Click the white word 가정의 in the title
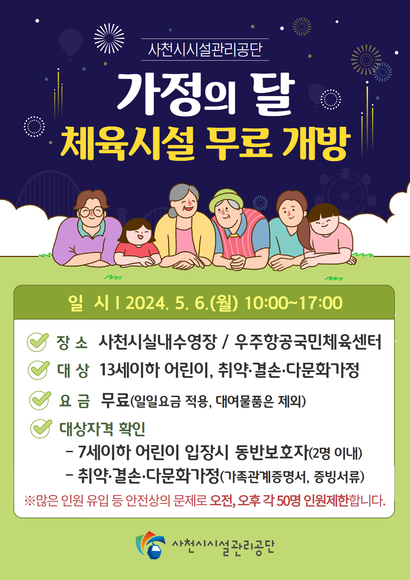pyautogui.click(x=176, y=94)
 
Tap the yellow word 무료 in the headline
pyautogui.click(x=239, y=143)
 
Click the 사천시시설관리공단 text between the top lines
pyautogui.click(x=205, y=50)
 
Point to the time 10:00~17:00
pyautogui.click(x=294, y=303)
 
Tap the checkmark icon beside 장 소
pyautogui.click(x=38, y=342)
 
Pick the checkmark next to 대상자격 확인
pyautogui.click(x=41, y=428)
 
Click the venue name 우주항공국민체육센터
pyautogui.click(x=308, y=342)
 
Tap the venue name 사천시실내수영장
pyautogui.click(x=158, y=342)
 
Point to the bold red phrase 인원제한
pyautogui.click(x=326, y=500)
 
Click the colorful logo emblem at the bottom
pyautogui.click(x=150, y=545)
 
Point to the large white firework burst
pyautogui.click(x=109, y=38)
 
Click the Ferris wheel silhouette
pyautogui.click(x=346, y=193)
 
